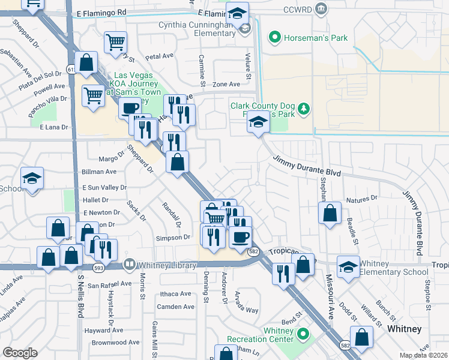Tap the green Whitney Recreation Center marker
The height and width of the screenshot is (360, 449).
(x=304, y=334)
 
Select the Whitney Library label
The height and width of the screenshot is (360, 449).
(x=167, y=265)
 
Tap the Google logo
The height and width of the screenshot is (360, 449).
(x=20, y=353)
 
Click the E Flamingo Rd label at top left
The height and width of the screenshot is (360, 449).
(x=102, y=11)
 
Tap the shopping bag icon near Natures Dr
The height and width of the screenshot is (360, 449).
(x=330, y=213)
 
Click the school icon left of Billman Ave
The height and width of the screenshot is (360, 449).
(x=32, y=178)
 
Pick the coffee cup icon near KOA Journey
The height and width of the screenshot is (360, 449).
(x=129, y=109)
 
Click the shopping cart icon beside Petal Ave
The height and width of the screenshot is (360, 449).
(x=115, y=43)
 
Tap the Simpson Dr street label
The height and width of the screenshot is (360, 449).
(x=173, y=238)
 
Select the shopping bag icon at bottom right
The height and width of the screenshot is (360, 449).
(x=362, y=338)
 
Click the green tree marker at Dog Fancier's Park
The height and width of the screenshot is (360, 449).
(x=304, y=109)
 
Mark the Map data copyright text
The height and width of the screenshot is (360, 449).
(x=424, y=355)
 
